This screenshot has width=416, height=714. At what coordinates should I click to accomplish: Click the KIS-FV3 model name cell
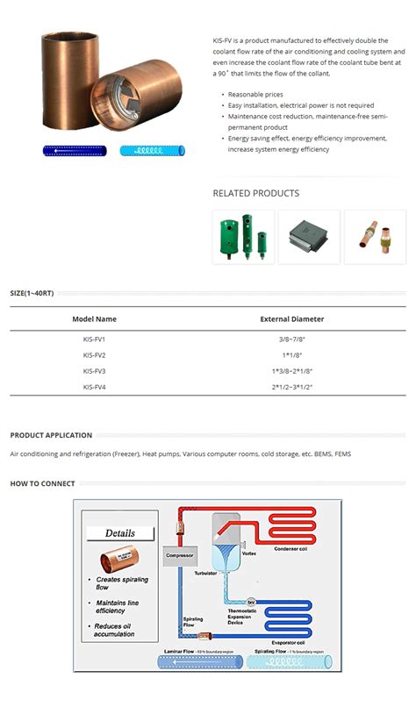click(x=94, y=371)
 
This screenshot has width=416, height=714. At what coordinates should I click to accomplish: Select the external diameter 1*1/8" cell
click(x=291, y=355)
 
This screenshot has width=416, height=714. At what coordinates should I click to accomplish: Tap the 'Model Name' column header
click(x=94, y=319)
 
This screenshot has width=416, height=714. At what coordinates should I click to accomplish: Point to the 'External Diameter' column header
click(x=291, y=319)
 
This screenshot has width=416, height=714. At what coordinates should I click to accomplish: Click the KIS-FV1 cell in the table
click(x=94, y=339)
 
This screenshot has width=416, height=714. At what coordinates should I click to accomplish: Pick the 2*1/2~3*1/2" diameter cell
click(x=291, y=387)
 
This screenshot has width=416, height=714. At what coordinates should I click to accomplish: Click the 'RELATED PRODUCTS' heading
click(x=255, y=193)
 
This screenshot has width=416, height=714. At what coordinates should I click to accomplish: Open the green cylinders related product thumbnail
click(x=243, y=237)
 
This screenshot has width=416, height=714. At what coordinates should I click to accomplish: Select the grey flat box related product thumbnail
click(x=309, y=237)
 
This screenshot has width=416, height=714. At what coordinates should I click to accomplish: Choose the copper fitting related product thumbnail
click(x=375, y=237)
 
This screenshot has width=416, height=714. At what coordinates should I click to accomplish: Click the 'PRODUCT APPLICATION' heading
click(x=51, y=435)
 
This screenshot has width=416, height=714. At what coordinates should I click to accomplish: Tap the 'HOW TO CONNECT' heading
click(x=42, y=483)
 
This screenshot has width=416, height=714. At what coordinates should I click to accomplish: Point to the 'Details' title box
click(x=120, y=533)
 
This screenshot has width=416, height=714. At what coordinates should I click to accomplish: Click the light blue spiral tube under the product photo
click(x=153, y=151)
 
